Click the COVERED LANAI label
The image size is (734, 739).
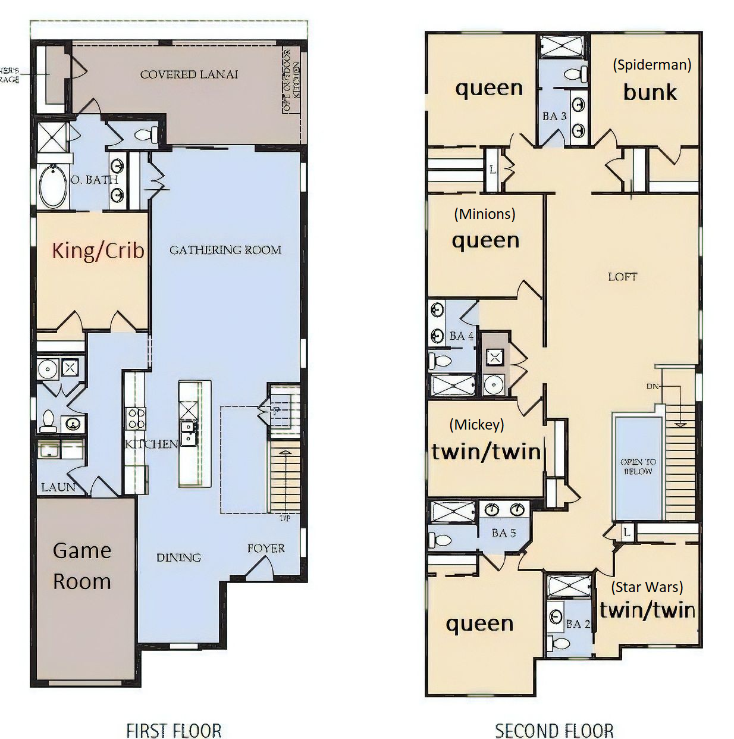[189, 74]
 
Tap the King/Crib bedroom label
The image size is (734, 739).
[98, 250]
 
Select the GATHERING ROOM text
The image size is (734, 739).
[225, 250]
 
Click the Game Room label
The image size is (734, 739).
[82, 566]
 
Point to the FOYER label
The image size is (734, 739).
[266, 548]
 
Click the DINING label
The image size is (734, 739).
[178, 558]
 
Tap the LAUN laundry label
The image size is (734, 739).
[58, 487]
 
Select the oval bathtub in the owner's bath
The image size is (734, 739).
[52, 186]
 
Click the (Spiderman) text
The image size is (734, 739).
[652, 64]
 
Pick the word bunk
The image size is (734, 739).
[650, 92]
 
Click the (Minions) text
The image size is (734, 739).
[484, 214]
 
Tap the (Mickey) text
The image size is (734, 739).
[476, 424]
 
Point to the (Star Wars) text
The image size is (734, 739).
[647, 587]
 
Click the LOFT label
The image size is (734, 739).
[622, 277]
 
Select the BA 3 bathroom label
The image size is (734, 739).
[554, 116]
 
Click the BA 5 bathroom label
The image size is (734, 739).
[504, 533]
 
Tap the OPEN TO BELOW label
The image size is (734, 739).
[638, 466]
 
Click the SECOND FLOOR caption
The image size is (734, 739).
[554, 730]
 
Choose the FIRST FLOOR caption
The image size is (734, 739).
[174, 730]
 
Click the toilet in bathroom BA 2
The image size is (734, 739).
[560, 644]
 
